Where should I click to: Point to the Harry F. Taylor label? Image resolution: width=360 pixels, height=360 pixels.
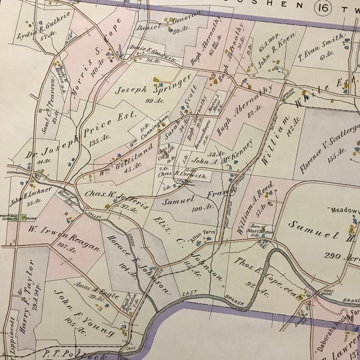(x=27, y=290)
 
